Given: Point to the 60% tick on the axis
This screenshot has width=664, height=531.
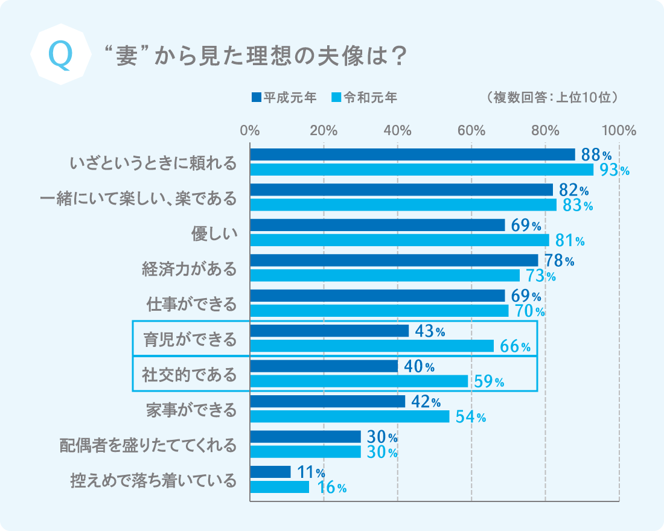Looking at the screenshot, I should [471, 130].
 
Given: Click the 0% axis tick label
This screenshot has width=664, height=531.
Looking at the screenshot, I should [250, 130].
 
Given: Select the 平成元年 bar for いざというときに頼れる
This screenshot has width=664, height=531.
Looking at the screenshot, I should [412, 154].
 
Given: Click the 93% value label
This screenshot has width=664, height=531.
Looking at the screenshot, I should [615, 171].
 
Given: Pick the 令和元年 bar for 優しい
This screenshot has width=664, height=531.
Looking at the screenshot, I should [400, 240].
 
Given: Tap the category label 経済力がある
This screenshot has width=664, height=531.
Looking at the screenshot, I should [190, 269].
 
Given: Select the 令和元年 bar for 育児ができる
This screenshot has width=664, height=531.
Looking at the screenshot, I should [372, 346].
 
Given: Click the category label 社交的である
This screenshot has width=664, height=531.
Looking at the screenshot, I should [190, 374].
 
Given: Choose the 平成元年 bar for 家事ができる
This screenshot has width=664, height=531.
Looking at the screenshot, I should [327, 401].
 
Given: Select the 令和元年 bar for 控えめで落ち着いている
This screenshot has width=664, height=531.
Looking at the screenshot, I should [279, 487].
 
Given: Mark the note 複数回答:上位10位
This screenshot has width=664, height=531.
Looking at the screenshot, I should [550, 97].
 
